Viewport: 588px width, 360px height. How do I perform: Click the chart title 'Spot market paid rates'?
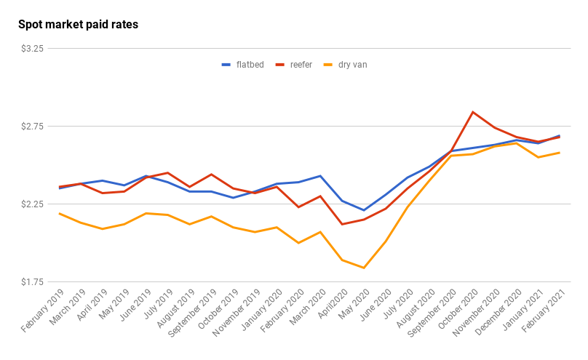click(x=78, y=25)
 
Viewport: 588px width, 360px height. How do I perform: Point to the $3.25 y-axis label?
click(x=33, y=49)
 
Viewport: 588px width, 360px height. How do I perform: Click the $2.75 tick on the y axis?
click(x=33, y=127)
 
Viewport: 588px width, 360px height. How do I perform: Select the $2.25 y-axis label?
click(x=33, y=204)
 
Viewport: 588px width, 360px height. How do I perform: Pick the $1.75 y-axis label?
click(x=33, y=282)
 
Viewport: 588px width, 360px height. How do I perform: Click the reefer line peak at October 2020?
click(x=473, y=112)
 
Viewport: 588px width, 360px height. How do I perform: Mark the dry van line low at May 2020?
click(x=364, y=268)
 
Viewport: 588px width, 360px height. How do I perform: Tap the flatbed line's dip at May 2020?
click(x=364, y=210)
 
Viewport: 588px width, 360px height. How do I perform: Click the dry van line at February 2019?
click(x=59, y=214)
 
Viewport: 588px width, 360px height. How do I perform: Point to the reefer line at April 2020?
click(x=342, y=224)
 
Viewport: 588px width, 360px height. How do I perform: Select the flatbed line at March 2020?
click(x=320, y=176)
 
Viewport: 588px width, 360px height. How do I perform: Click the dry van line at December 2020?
click(x=517, y=143)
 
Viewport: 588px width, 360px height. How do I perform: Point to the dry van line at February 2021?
click(x=560, y=153)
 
